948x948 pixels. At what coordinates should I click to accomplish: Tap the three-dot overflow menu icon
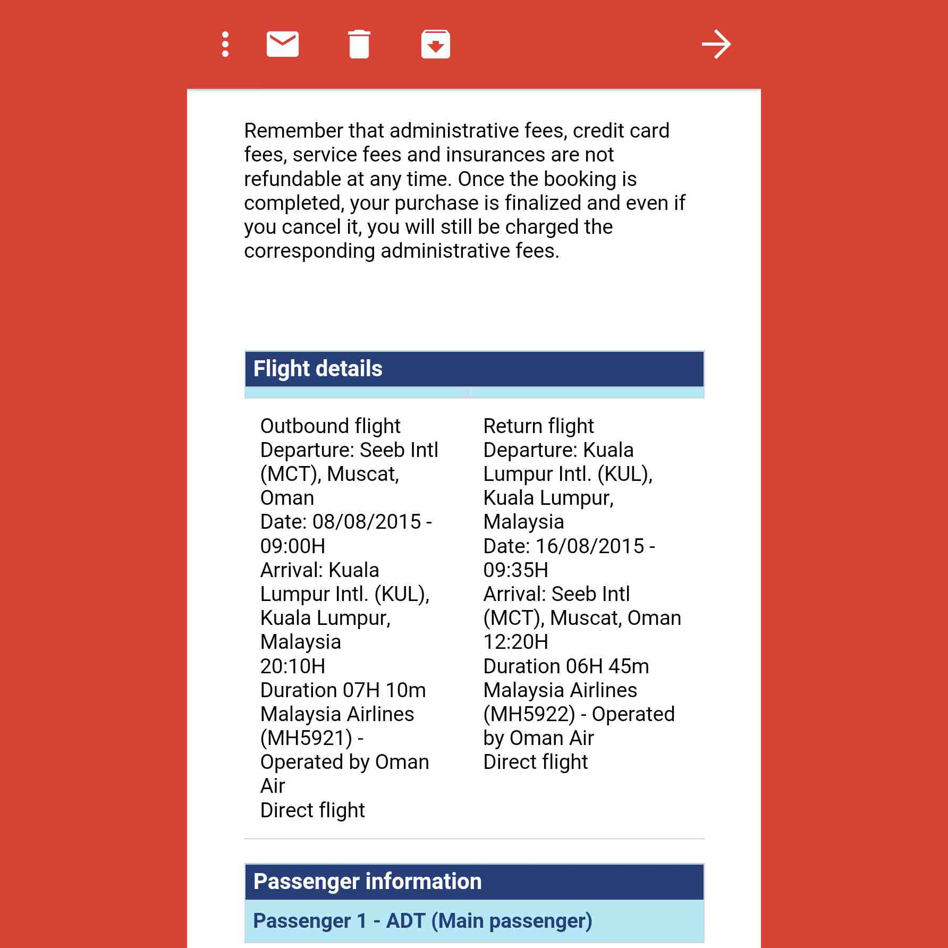tap(225, 44)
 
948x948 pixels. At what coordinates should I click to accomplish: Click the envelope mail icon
tap(282, 44)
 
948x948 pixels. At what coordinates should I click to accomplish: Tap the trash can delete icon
tap(359, 44)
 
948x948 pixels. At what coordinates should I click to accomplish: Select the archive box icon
tap(436, 44)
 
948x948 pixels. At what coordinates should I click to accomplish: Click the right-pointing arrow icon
tap(716, 44)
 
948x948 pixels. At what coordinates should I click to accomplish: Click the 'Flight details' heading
tap(318, 369)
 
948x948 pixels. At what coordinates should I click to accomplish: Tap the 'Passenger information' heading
tap(367, 882)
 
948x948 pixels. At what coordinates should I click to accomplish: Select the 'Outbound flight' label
tap(330, 426)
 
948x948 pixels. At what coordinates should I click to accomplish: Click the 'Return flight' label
tap(538, 426)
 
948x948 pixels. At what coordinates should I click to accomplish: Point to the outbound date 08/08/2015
tap(367, 522)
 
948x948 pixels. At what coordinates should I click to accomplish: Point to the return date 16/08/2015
tap(590, 546)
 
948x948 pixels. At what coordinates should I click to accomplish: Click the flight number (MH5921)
tap(306, 738)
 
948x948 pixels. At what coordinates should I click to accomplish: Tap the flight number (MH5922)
tap(529, 714)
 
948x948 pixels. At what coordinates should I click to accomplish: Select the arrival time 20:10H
tap(293, 666)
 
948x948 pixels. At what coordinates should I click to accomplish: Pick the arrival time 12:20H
tap(515, 642)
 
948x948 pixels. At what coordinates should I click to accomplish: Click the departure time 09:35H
tap(515, 570)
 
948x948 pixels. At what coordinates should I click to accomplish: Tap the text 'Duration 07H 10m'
tap(343, 690)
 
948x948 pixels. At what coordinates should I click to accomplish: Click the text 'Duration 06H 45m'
tap(566, 666)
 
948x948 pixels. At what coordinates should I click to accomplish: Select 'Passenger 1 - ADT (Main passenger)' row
tap(422, 921)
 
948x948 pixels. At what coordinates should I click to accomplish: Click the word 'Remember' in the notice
tap(293, 131)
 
